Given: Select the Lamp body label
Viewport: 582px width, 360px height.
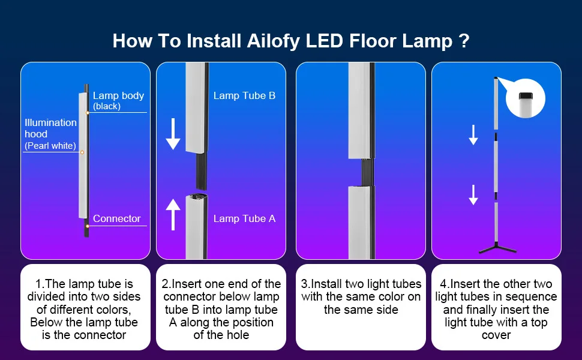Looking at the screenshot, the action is pos(118,96).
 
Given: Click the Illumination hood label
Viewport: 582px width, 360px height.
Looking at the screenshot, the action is pos(50,128).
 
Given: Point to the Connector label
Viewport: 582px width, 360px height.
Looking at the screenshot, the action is pos(116,219).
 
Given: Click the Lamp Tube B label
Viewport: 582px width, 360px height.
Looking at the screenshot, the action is pos(244,95).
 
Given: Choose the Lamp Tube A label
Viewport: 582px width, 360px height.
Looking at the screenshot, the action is pos(244,218).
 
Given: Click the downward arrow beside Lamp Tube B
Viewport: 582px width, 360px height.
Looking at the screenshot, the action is pos(173,134).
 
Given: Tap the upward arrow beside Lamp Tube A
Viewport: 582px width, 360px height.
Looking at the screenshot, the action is pos(173,215).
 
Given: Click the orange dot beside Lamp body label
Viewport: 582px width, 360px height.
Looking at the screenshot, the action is pos(88,112).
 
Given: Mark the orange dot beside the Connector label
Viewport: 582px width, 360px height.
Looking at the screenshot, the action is pos(88,226).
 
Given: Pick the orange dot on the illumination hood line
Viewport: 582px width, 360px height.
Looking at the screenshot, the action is pos(82,152).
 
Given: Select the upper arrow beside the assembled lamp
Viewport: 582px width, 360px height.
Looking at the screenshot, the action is pos(473,134).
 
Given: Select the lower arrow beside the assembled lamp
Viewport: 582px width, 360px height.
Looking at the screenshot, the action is pos(473,194).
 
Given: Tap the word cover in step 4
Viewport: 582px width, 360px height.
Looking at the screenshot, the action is pos(496,335).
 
